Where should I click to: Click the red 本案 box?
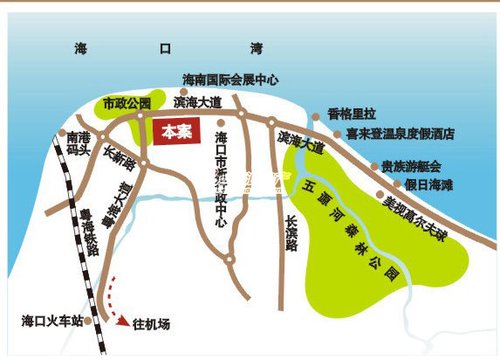tap(176, 131)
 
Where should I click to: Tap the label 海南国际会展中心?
tap(230, 79)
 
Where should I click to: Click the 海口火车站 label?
tap(51, 321)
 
